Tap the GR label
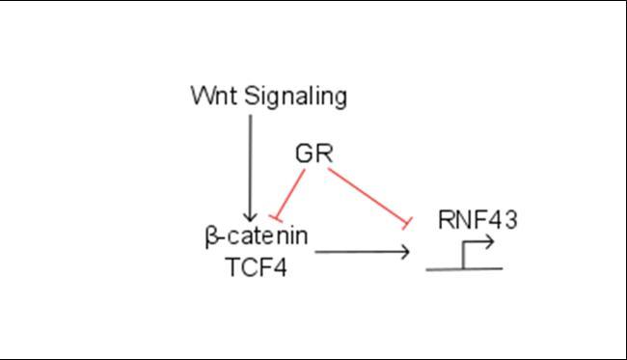click(313, 153)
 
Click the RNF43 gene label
click(477, 220)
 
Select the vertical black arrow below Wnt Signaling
click(250, 164)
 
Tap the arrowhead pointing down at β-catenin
click(250, 216)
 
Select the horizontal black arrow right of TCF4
click(362, 253)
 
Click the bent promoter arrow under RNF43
click(477, 251)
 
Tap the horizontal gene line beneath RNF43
click(463, 268)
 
